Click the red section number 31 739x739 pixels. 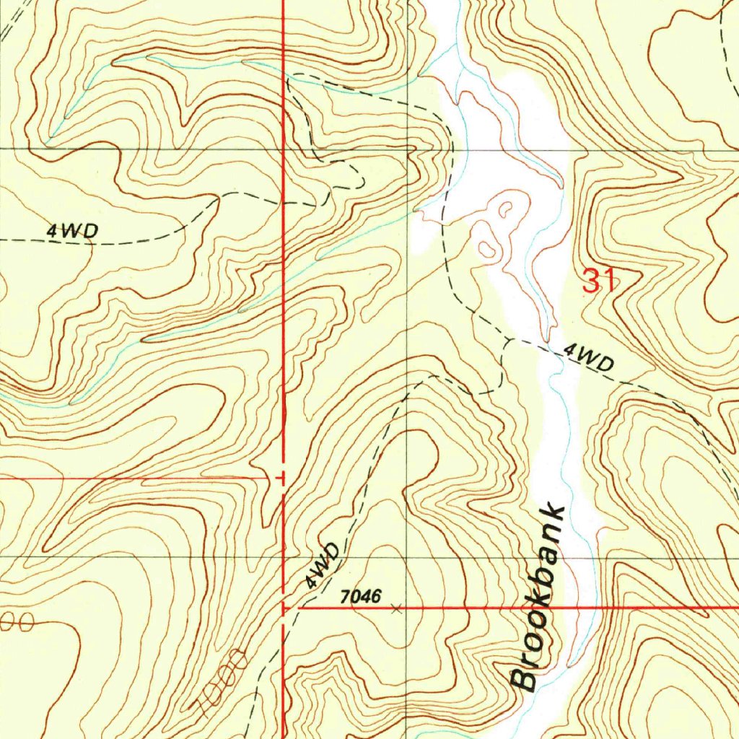pos(600,279)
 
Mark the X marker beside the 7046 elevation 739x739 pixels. pos(395,610)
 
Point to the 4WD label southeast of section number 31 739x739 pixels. pos(588,358)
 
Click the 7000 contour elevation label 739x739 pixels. pos(221,682)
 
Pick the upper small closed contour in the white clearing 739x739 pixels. pos(504,210)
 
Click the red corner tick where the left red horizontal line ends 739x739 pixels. pos(281,478)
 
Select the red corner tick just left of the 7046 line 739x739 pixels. pos(286,609)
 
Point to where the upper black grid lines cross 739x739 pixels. pos(408,149)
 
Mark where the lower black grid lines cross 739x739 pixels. pos(408,557)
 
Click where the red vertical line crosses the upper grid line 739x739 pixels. pos(283,149)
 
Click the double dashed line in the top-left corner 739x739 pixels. pos(14,22)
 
